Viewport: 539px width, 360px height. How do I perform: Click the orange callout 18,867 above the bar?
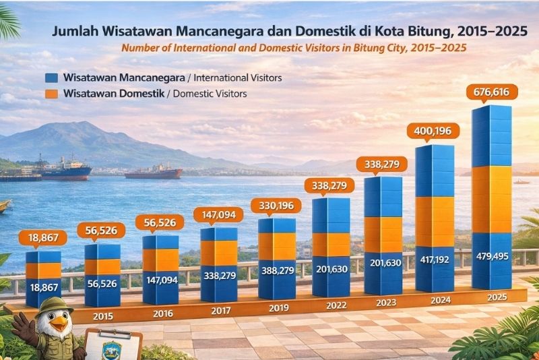[x=41, y=237]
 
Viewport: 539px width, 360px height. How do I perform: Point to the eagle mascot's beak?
[x=59, y=324]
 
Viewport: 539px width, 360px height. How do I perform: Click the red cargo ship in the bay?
[x=153, y=173]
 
